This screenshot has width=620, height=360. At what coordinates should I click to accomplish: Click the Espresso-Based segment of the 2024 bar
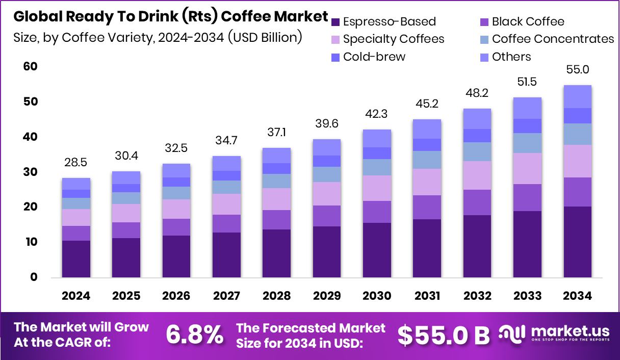(76, 259)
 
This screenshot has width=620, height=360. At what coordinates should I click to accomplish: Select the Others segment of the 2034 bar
(577, 96)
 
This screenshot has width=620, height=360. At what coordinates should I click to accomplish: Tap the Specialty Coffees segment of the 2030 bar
(377, 188)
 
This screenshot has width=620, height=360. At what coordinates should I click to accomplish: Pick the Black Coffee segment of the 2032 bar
(477, 202)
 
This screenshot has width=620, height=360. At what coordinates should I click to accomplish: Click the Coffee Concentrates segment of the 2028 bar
(276, 181)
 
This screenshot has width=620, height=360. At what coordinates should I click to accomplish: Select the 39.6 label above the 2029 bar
(326, 124)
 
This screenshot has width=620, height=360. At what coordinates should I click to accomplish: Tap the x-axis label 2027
(226, 296)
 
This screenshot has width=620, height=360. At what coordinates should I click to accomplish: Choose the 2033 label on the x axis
(527, 296)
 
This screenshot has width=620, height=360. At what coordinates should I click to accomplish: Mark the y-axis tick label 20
(31, 207)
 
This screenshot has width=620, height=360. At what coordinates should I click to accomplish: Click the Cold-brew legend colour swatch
(335, 57)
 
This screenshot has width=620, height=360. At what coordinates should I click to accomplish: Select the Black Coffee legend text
(528, 21)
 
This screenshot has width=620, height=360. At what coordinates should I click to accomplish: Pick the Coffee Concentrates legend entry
(553, 39)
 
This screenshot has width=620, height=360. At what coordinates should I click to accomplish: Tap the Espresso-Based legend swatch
(335, 22)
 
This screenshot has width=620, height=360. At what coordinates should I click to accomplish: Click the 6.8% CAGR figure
(195, 335)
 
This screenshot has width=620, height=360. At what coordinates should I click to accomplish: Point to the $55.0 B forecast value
(443, 335)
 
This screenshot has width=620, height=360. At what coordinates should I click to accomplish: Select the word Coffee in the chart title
(241, 16)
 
